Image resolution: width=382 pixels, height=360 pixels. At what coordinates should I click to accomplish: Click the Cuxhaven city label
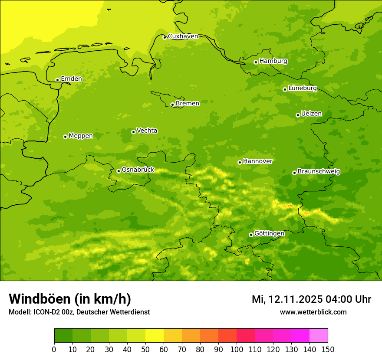(183, 36)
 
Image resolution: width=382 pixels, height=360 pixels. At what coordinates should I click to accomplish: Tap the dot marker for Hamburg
(256, 62)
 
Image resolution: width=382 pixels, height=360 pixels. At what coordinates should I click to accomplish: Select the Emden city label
(71, 79)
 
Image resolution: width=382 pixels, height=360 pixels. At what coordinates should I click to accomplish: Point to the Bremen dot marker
(172, 105)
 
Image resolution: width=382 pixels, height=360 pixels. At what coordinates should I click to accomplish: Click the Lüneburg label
(302, 88)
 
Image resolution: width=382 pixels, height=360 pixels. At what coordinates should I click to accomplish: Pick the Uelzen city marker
(298, 115)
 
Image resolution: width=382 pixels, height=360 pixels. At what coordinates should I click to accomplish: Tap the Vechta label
(147, 131)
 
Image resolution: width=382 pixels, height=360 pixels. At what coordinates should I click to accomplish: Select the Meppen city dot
(65, 137)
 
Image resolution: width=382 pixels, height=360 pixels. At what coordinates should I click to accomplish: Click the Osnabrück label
(138, 170)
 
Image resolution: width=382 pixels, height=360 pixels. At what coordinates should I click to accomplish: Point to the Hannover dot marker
(240, 162)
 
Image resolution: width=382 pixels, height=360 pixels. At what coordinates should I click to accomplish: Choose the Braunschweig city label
(319, 172)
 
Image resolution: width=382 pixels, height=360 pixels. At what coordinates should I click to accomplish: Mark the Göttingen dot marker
(251, 235)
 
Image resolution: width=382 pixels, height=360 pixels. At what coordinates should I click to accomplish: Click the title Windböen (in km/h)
(70, 299)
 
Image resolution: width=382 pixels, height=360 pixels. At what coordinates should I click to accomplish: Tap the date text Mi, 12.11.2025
(287, 299)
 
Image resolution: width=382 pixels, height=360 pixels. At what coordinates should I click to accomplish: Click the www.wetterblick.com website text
(313, 312)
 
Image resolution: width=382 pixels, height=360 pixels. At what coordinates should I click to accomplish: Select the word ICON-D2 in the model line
(46, 312)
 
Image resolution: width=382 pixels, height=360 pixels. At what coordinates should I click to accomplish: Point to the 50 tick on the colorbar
(145, 349)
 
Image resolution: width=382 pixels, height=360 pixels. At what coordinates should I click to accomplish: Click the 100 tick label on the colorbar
(237, 349)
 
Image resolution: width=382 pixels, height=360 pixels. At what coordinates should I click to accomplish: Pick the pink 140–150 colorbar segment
(319, 335)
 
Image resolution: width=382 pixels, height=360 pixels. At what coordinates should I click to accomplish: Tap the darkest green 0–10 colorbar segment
(63, 335)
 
